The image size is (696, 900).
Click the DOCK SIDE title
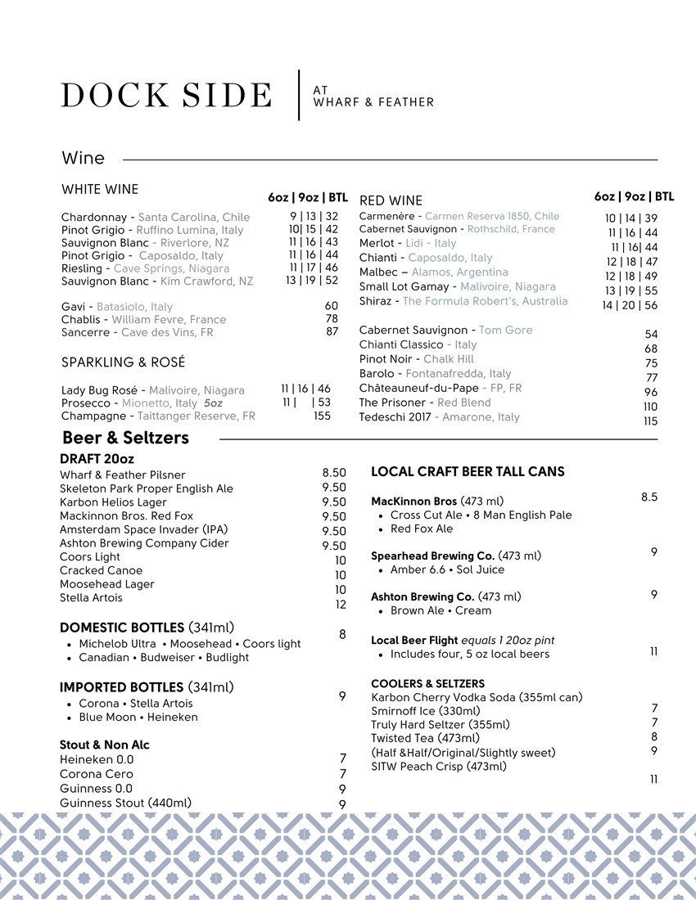point(166,95)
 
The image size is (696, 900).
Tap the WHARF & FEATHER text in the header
point(373,102)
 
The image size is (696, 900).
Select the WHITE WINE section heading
point(100,190)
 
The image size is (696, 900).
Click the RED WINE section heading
point(391,200)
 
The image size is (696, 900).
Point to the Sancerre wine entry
point(137,332)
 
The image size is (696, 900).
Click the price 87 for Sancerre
point(332,331)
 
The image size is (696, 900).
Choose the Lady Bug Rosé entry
point(152,389)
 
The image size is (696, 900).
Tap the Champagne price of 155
point(322,416)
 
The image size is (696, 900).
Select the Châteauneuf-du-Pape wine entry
point(440,388)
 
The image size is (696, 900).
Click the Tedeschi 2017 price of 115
point(651,421)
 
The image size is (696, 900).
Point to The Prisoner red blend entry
point(424,403)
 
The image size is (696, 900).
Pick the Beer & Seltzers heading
point(125,438)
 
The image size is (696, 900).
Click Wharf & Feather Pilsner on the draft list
point(123,475)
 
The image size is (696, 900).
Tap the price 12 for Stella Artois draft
point(341,605)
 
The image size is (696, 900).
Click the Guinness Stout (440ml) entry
point(125,803)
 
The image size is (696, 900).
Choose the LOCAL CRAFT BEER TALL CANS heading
point(468,471)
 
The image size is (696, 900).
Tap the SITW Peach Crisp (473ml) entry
point(438,767)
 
